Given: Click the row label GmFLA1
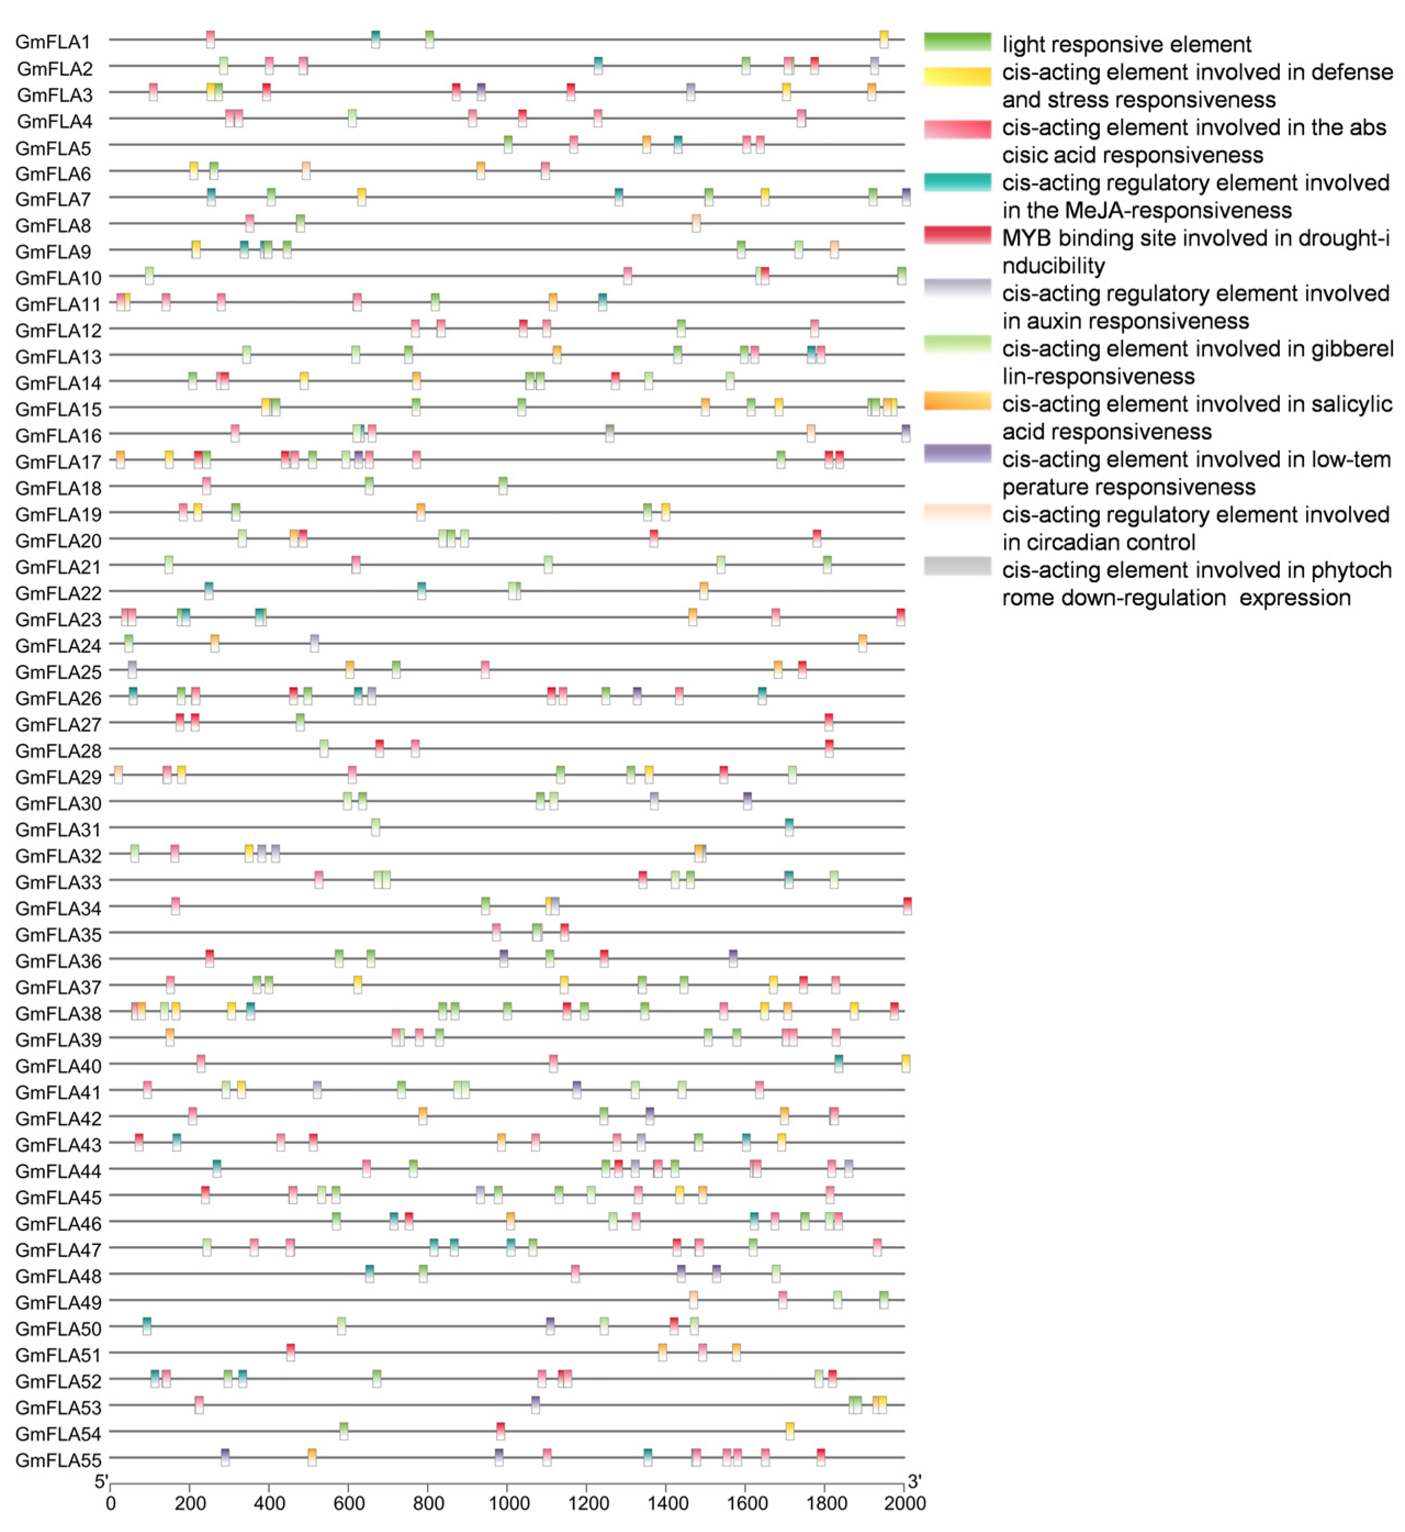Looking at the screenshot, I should coord(53,42).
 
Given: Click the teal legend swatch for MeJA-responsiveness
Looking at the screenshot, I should coord(957,182).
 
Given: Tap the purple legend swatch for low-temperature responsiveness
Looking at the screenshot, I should coord(957,454).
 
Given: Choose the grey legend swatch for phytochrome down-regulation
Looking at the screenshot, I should coord(957,566).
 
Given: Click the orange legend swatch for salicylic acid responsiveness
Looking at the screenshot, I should coord(957,401).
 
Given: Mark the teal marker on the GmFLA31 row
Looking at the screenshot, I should coord(789,827).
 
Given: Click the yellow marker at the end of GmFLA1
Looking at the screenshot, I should coord(884,40).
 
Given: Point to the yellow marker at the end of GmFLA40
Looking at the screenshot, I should coord(906,1064).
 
